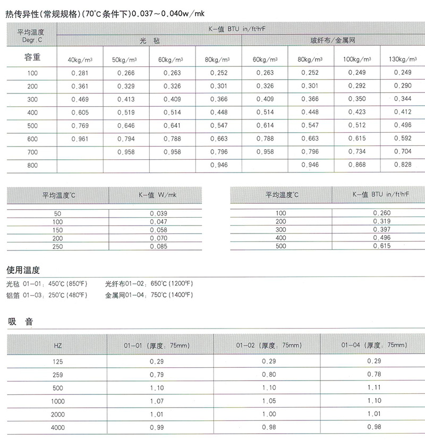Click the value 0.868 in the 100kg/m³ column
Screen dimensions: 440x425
(x=357, y=165)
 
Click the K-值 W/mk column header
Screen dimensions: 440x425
(x=155, y=195)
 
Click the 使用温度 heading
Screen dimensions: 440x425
(x=23, y=270)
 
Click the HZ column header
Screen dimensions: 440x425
(x=58, y=346)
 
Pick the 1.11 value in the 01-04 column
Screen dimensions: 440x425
(x=375, y=387)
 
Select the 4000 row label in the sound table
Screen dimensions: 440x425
(x=58, y=426)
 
